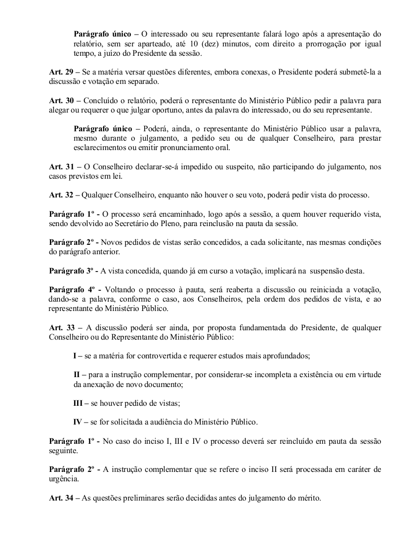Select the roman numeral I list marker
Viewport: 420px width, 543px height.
(75, 356)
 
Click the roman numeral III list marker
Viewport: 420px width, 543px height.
(78, 403)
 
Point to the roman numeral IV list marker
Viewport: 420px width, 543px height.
(78, 422)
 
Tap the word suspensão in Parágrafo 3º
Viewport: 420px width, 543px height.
(326, 271)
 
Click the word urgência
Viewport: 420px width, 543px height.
(64, 479)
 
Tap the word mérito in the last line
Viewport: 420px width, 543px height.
(308, 499)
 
